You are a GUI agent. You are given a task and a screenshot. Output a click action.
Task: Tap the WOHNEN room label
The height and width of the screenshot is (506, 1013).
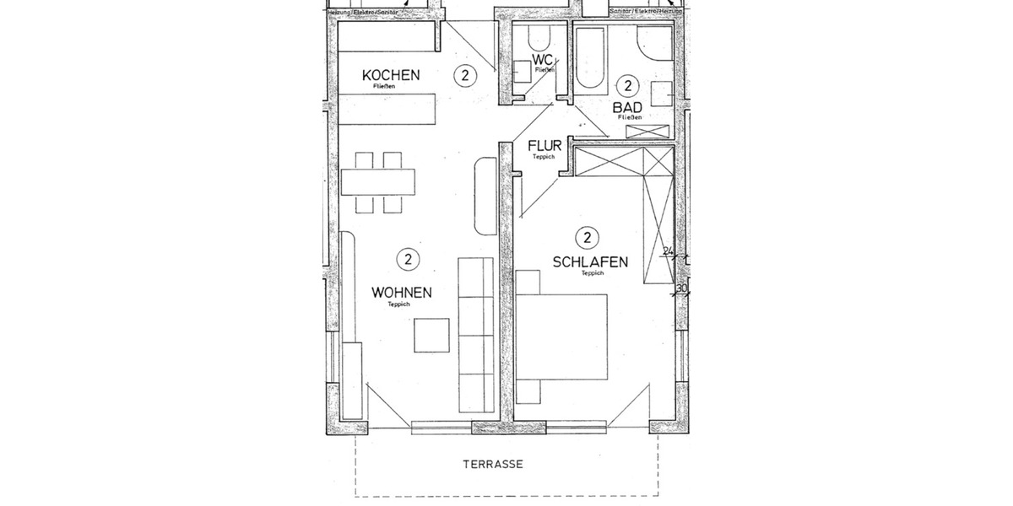pos(402,293)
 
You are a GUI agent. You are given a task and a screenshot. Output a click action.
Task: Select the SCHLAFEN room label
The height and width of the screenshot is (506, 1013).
pos(590,262)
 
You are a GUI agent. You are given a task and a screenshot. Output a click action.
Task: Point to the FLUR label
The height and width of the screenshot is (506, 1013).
pos(544,146)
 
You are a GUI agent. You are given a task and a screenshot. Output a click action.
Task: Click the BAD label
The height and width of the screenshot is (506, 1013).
pos(628,107)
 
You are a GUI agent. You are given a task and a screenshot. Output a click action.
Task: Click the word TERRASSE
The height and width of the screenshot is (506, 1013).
pos(494,464)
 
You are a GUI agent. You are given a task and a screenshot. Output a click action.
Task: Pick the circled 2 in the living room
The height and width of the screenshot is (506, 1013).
pos(407,259)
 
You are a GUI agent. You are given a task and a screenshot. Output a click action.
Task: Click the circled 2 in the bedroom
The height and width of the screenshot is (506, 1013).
pos(586,236)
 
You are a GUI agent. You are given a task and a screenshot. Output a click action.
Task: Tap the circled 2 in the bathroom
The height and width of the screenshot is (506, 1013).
pos(627,84)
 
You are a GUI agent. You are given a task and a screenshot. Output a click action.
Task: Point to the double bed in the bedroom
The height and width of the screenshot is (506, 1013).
pos(563,336)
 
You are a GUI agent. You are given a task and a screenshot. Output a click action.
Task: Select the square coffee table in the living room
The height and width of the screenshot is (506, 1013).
pos(431,334)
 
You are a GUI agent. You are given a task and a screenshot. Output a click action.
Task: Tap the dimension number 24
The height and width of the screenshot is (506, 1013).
pos(667,251)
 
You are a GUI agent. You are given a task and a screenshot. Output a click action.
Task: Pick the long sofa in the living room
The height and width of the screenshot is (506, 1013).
pos(475,334)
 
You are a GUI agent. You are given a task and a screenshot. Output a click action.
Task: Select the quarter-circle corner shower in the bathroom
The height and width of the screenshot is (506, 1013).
pos(653,42)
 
